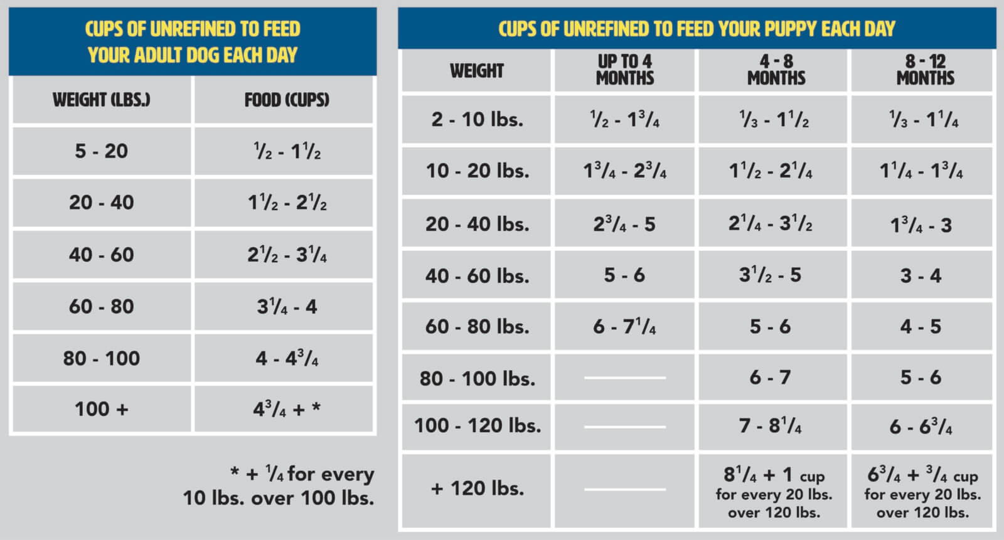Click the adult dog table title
click(x=193, y=41)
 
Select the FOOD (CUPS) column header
click(x=287, y=100)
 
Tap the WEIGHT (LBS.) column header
click(x=102, y=100)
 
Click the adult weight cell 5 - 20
click(x=102, y=151)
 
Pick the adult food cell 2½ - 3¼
click(x=287, y=255)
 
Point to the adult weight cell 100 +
click(x=102, y=410)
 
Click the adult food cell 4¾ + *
click(x=287, y=410)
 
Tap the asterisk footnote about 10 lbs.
click(x=279, y=486)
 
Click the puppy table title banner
click(x=697, y=29)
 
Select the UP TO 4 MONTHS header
click(x=625, y=70)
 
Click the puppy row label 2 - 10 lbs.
click(x=477, y=119)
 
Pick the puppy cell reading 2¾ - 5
click(x=624, y=225)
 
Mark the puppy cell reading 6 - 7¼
click(x=624, y=327)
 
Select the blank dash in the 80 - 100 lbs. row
click(x=624, y=378)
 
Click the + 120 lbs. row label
click(x=477, y=489)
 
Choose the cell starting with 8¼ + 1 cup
click(x=774, y=492)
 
